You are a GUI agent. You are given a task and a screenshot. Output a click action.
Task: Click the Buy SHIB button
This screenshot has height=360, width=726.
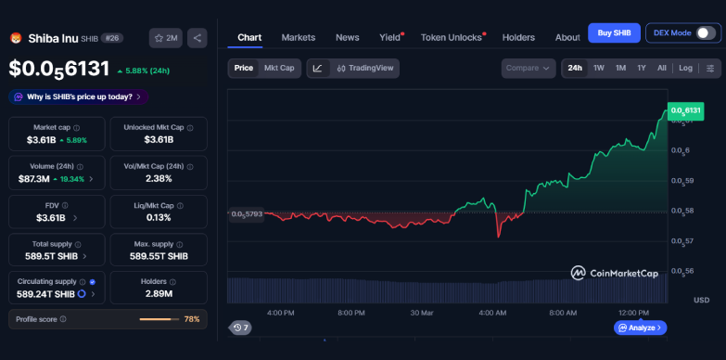pos(614,33)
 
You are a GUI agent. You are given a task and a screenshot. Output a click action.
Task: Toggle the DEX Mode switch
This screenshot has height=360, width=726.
pos(706,33)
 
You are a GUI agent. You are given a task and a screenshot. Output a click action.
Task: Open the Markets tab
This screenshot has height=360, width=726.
pos(299,37)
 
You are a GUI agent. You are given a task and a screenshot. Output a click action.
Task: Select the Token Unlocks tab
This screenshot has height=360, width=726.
pos(452,37)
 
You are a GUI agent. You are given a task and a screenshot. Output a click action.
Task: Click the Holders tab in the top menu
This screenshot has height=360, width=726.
pos(518,37)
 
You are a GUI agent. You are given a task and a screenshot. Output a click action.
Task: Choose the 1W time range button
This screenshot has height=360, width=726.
pos(599,68)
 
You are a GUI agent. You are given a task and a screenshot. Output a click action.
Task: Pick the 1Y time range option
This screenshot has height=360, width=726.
pos(642,68)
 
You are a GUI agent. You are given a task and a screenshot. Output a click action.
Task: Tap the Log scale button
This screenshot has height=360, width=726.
pos(685,68)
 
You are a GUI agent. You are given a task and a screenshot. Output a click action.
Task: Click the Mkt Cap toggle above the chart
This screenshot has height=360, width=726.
pos(279,68)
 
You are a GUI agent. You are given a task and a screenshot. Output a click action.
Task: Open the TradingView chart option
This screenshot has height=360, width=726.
pos(365,68)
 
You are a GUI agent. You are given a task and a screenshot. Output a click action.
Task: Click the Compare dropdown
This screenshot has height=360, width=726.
pos(529,68)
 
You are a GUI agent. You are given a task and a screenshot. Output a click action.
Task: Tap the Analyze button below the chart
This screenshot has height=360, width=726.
pos(640,328)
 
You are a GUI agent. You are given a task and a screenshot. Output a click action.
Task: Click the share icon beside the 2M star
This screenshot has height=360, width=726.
pos(197,38)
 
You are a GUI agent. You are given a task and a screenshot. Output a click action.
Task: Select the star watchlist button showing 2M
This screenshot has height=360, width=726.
pos(166,38)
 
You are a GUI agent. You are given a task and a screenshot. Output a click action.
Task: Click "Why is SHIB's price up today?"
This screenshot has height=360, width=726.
pos(79,96)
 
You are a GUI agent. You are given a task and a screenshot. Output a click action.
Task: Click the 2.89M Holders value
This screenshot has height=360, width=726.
pos(159,294)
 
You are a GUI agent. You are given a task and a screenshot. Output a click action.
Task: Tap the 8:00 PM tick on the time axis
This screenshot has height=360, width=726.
pos(351,313)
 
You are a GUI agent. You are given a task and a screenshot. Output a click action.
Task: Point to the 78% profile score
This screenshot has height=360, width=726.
pos(192,319)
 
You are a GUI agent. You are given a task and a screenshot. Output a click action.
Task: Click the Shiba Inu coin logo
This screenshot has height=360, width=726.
pos(16,38)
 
